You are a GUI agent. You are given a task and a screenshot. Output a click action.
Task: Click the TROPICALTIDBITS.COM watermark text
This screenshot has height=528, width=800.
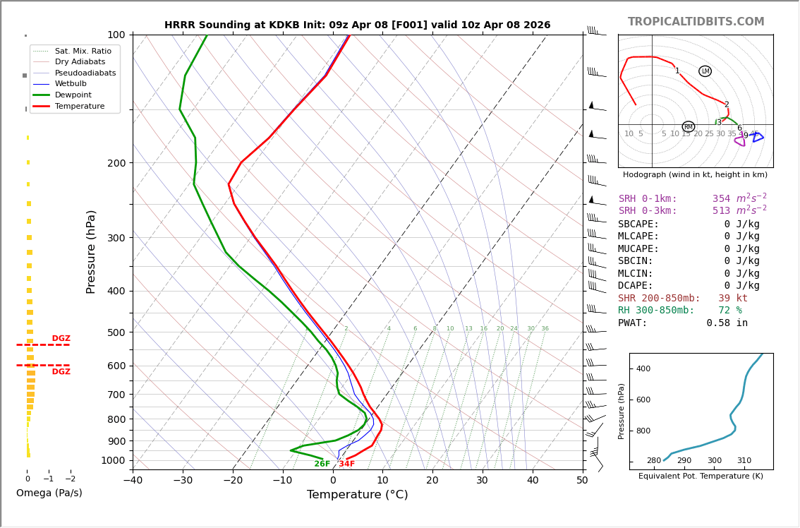pyautogui.click(x=696, y=22)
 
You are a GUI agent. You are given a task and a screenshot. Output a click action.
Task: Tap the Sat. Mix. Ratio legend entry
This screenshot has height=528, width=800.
pyautogui.click(x=83, y=52)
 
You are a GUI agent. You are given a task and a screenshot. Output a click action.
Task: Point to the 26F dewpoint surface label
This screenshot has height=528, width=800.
pyautogui.click(x=322, y=464)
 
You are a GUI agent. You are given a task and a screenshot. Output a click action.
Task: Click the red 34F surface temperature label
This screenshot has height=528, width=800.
pyautogui.click(x=346, y=464)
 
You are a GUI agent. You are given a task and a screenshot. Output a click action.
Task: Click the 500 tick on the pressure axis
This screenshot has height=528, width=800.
pyautogui.click(x=116, y=332)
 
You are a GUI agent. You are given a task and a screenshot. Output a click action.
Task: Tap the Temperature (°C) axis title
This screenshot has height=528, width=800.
pyautogui.click(x=357, y=495)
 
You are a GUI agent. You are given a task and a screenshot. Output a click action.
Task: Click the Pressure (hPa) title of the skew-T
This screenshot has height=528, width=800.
pyautogui.click(x=91, y=251)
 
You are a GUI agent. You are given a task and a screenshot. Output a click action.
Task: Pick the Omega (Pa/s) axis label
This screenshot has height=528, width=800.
pyautogui.click(x=49, y=493)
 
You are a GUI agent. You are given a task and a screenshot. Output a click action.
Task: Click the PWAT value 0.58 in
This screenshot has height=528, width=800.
pyautogui.click(x=727, y=323)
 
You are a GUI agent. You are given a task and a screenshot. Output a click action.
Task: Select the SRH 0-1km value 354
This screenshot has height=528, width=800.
pyautogui.click(x=721, y=199)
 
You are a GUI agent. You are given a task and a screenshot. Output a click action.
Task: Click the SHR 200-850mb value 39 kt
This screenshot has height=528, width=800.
pyautogui.click(x=732, y=299)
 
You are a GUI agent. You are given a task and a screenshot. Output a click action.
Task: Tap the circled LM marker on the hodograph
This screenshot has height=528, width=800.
pyautogui.click(x=705, y=71)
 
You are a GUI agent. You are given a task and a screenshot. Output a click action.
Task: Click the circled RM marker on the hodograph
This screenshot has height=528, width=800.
pyautogui.click(x=688, y=127)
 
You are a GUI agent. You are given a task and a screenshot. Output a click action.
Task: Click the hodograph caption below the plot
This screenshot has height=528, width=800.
pyautogui.click(x=695, y=174)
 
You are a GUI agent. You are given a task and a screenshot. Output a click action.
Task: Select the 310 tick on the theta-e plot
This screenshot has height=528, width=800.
pyautogui.click(x=744, y=461)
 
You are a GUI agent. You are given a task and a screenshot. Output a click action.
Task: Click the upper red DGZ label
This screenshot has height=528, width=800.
pyautogui.click(x=61, y=339)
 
